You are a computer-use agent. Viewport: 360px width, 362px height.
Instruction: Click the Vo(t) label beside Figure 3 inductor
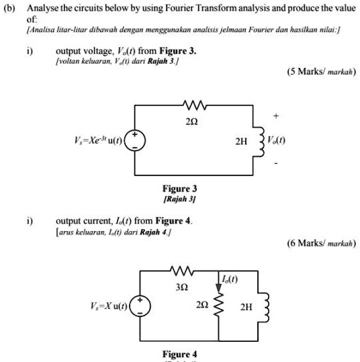coord(276,140)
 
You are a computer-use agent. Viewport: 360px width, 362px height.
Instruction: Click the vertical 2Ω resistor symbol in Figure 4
coord(217,306)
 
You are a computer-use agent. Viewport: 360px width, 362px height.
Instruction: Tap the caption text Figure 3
coord(180,189)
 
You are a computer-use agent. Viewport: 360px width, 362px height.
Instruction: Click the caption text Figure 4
coord(180,354)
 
